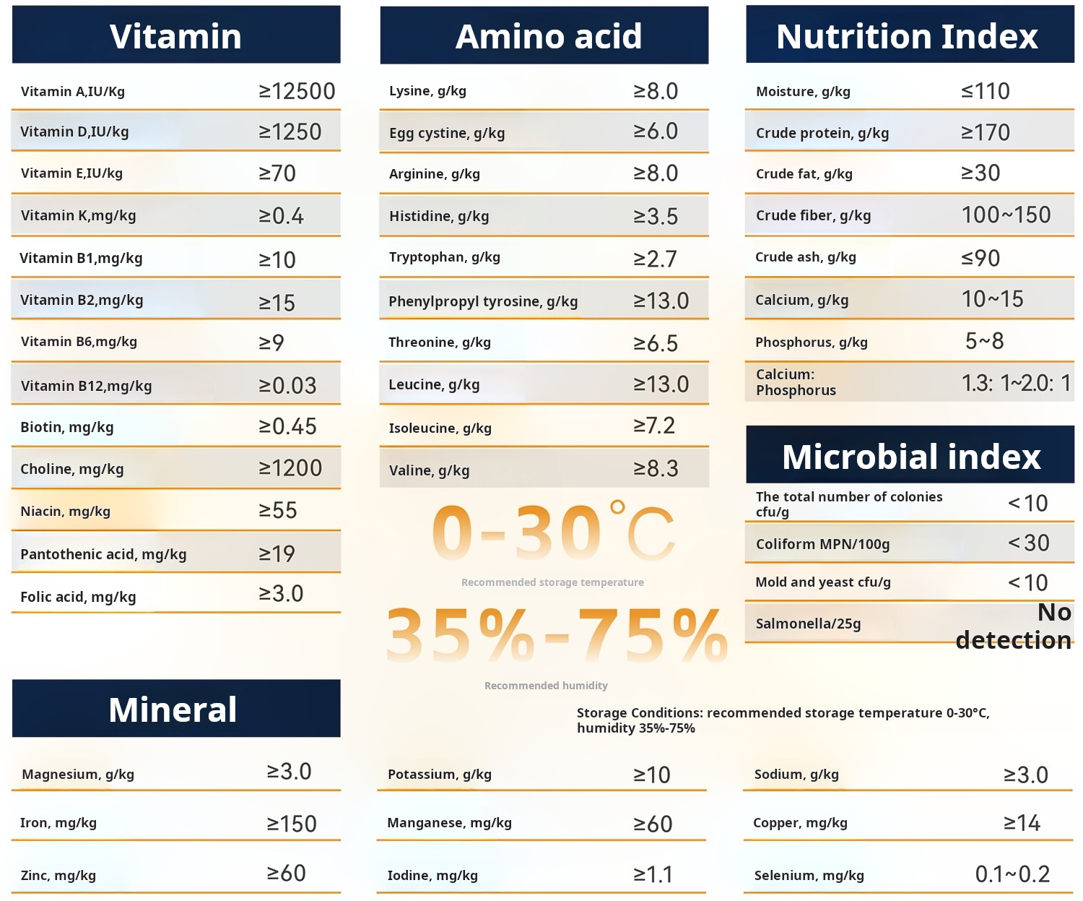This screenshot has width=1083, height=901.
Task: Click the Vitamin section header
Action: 175,36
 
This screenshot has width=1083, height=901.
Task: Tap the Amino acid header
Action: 548,36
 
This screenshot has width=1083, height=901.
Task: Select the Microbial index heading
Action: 910,457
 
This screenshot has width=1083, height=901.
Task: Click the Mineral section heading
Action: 173,710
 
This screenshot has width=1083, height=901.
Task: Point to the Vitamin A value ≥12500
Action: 297,91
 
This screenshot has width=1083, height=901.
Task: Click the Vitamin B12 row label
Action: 86,386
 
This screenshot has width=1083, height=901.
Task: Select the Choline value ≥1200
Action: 290,468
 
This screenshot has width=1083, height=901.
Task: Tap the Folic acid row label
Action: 78,597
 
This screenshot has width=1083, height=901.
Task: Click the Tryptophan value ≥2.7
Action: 655,259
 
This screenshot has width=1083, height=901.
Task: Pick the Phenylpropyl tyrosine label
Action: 483,301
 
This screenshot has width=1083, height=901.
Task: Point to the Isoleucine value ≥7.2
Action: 654,426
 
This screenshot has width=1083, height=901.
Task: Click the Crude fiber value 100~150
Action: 1006,215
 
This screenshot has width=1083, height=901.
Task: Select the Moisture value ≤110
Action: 985,91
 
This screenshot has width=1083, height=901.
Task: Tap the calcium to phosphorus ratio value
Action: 1016,383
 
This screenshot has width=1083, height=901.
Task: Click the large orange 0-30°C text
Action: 553,533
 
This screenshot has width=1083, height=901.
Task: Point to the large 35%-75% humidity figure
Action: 557,635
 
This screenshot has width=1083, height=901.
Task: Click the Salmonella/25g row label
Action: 808,624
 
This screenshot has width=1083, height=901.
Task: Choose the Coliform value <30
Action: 1028,543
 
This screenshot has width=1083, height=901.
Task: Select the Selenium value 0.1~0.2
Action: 1012,874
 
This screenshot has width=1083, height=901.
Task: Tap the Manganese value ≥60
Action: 653,824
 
